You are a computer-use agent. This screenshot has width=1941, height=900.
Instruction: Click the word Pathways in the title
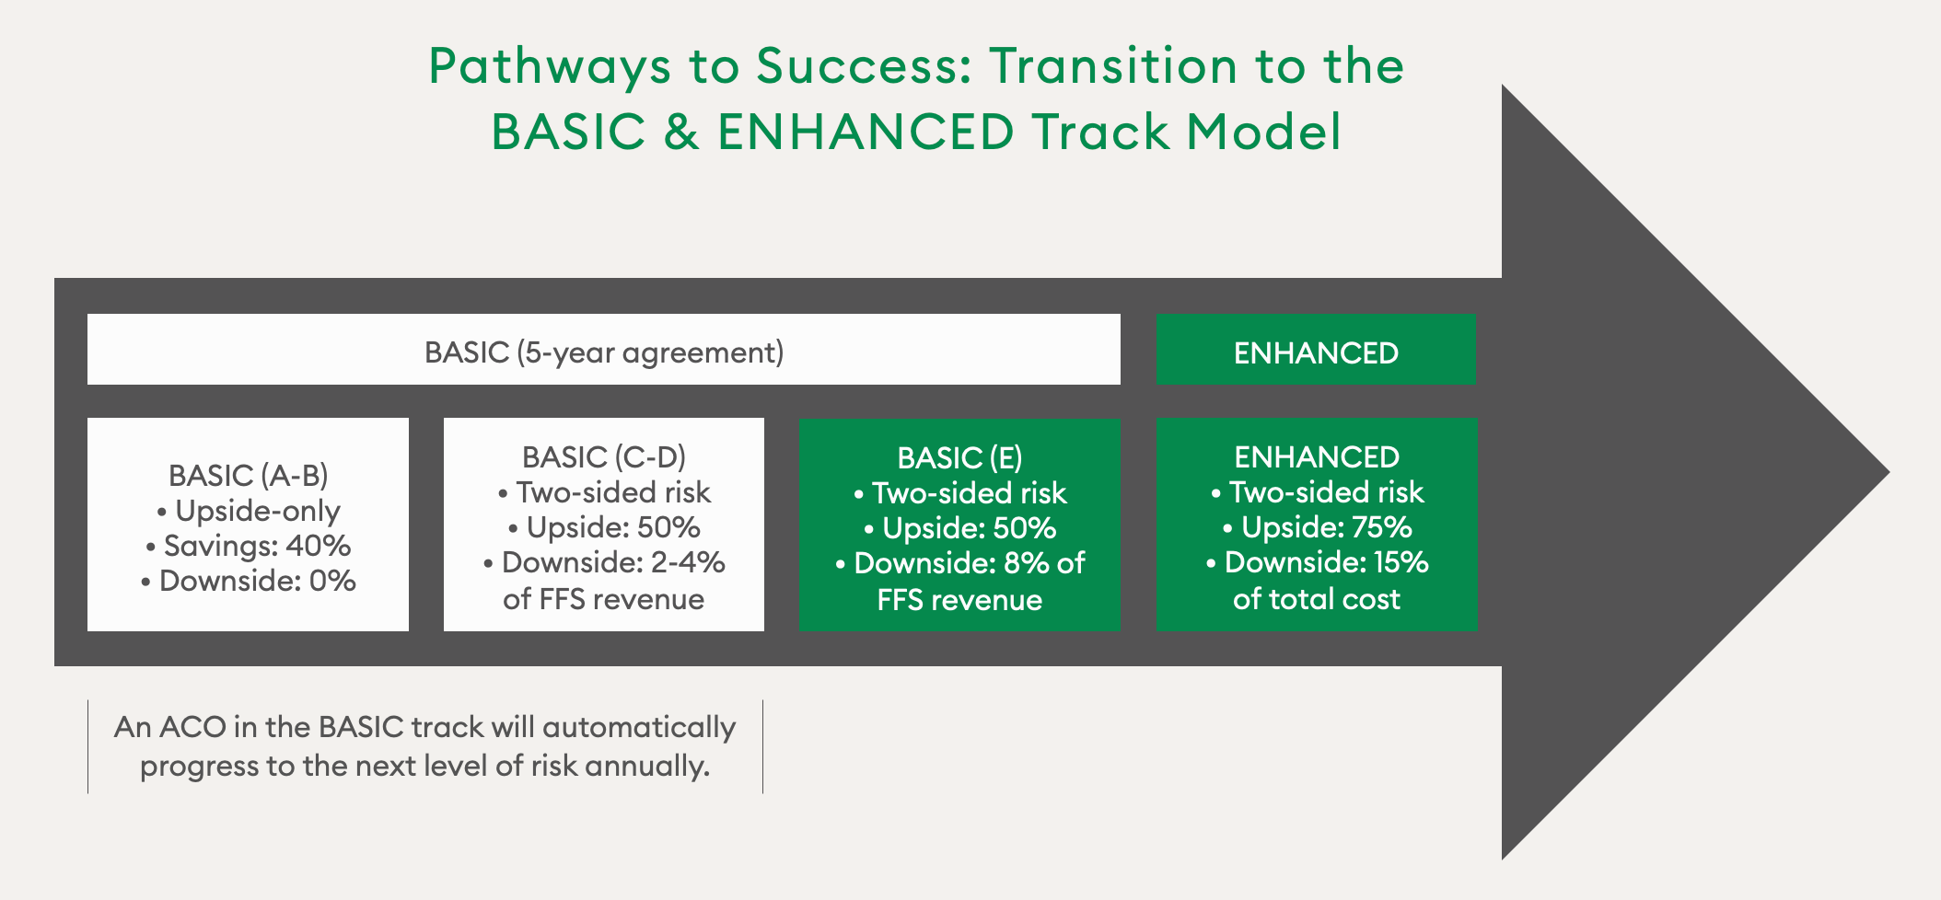[x=550, y=67]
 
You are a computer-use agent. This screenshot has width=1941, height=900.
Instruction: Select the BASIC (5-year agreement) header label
[x=604, y=352]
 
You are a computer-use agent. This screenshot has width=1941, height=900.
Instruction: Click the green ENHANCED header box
[x=1316, y=350]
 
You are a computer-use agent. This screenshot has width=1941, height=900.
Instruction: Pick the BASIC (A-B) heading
[x=249, y=475]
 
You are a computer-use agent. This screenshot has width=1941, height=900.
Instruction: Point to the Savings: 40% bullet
[x=249, y=546]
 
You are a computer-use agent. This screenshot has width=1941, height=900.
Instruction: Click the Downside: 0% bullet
[x=249, y=581]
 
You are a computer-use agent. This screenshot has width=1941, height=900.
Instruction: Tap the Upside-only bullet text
[x=249, y=511]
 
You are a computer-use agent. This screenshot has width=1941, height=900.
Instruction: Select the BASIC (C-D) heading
[x=604, y=457]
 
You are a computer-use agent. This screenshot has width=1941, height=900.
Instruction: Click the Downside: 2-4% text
[x=605, y=562]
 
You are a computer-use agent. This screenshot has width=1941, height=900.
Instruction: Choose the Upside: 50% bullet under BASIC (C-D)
[x=605, y=527]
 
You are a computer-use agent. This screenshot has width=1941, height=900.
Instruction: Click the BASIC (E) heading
[x=960, y=457]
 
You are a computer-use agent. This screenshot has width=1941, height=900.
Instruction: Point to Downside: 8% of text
[x=960, y=563]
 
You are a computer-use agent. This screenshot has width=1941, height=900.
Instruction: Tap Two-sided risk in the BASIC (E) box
[x=960, y=493]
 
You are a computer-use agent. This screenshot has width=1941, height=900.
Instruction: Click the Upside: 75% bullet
[x=1318, y=527]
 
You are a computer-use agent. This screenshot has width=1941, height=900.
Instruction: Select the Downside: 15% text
[x=1318, y=562]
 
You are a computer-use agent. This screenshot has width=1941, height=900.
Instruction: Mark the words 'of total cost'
[x=1317, y=599]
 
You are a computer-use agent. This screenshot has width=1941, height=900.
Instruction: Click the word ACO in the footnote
[x=192, y=727]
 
